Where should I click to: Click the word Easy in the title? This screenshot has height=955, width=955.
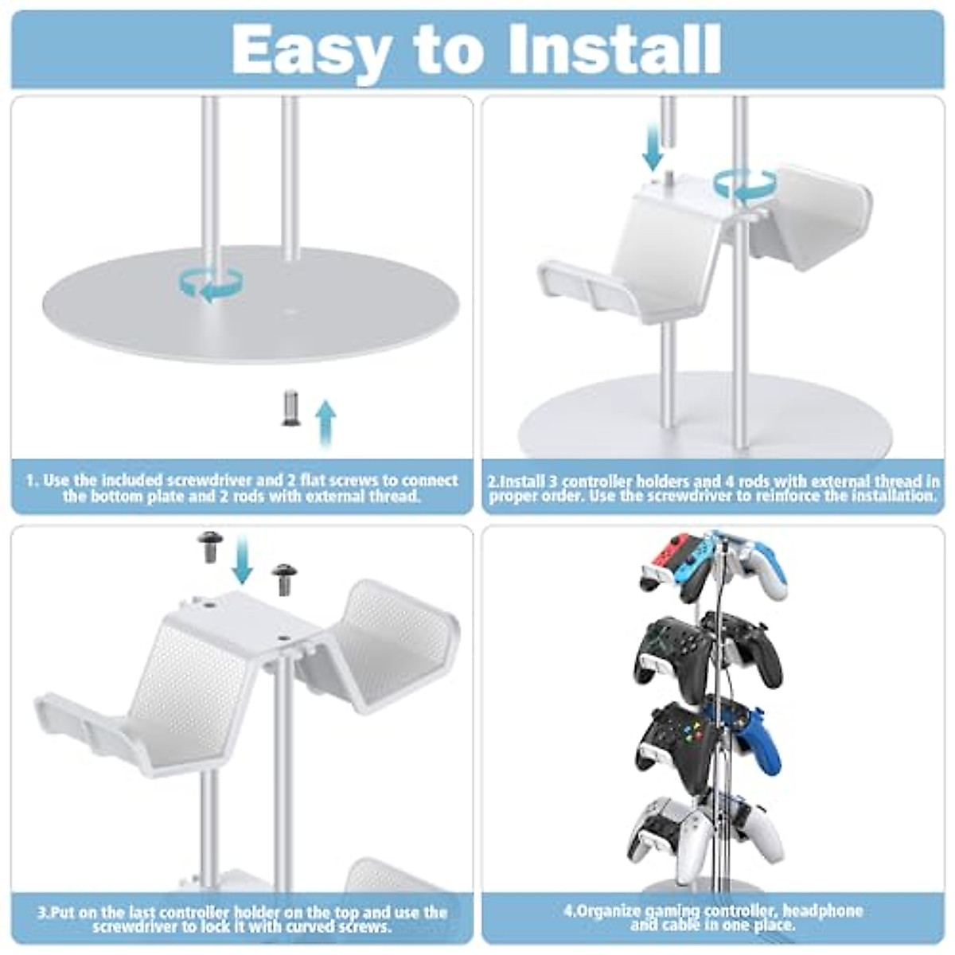pyautogui.click(x=311, y=49)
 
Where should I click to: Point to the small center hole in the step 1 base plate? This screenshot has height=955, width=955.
pyautogui.click(x=291, y=311)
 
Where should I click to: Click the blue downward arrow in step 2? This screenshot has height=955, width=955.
pyautogui.click(x=653, y=148)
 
